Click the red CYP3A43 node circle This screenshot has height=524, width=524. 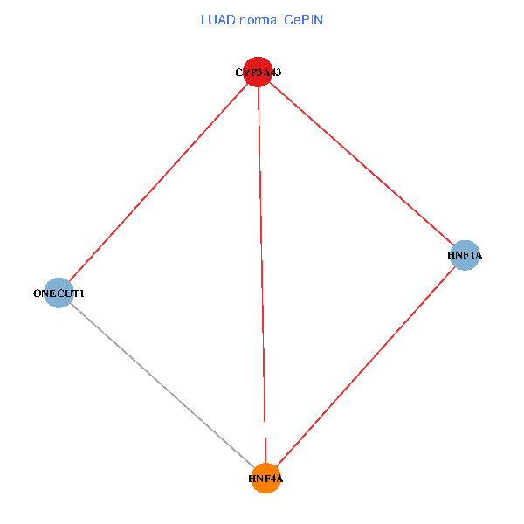tap(258, 72)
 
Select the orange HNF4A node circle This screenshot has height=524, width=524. tap(265, 479)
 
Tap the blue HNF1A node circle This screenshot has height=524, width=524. tap(465, 255)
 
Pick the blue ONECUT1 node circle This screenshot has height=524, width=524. tap(59, 293)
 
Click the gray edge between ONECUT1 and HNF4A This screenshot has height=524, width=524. tap(162, 385)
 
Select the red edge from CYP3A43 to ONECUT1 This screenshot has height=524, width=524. tap(158, 183)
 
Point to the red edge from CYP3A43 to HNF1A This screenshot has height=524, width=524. tap(362, 163)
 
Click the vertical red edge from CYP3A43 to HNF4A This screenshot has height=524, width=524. tap(262, 275)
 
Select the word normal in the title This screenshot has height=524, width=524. tap(260, 20)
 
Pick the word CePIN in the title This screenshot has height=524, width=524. tap(303, 20)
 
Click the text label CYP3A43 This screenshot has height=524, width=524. tap(259, 72)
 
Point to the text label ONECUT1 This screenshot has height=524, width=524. tap(59, 293)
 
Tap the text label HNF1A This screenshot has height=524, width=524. tap(465, 255)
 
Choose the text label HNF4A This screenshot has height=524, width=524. tap(265, 479)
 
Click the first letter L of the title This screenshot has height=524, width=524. tap(204, 20)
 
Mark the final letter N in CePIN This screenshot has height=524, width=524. tap(319, 20)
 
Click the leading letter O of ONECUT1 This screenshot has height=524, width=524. tap(37, 293)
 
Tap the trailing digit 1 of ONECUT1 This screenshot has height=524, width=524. tap(81, 293)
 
